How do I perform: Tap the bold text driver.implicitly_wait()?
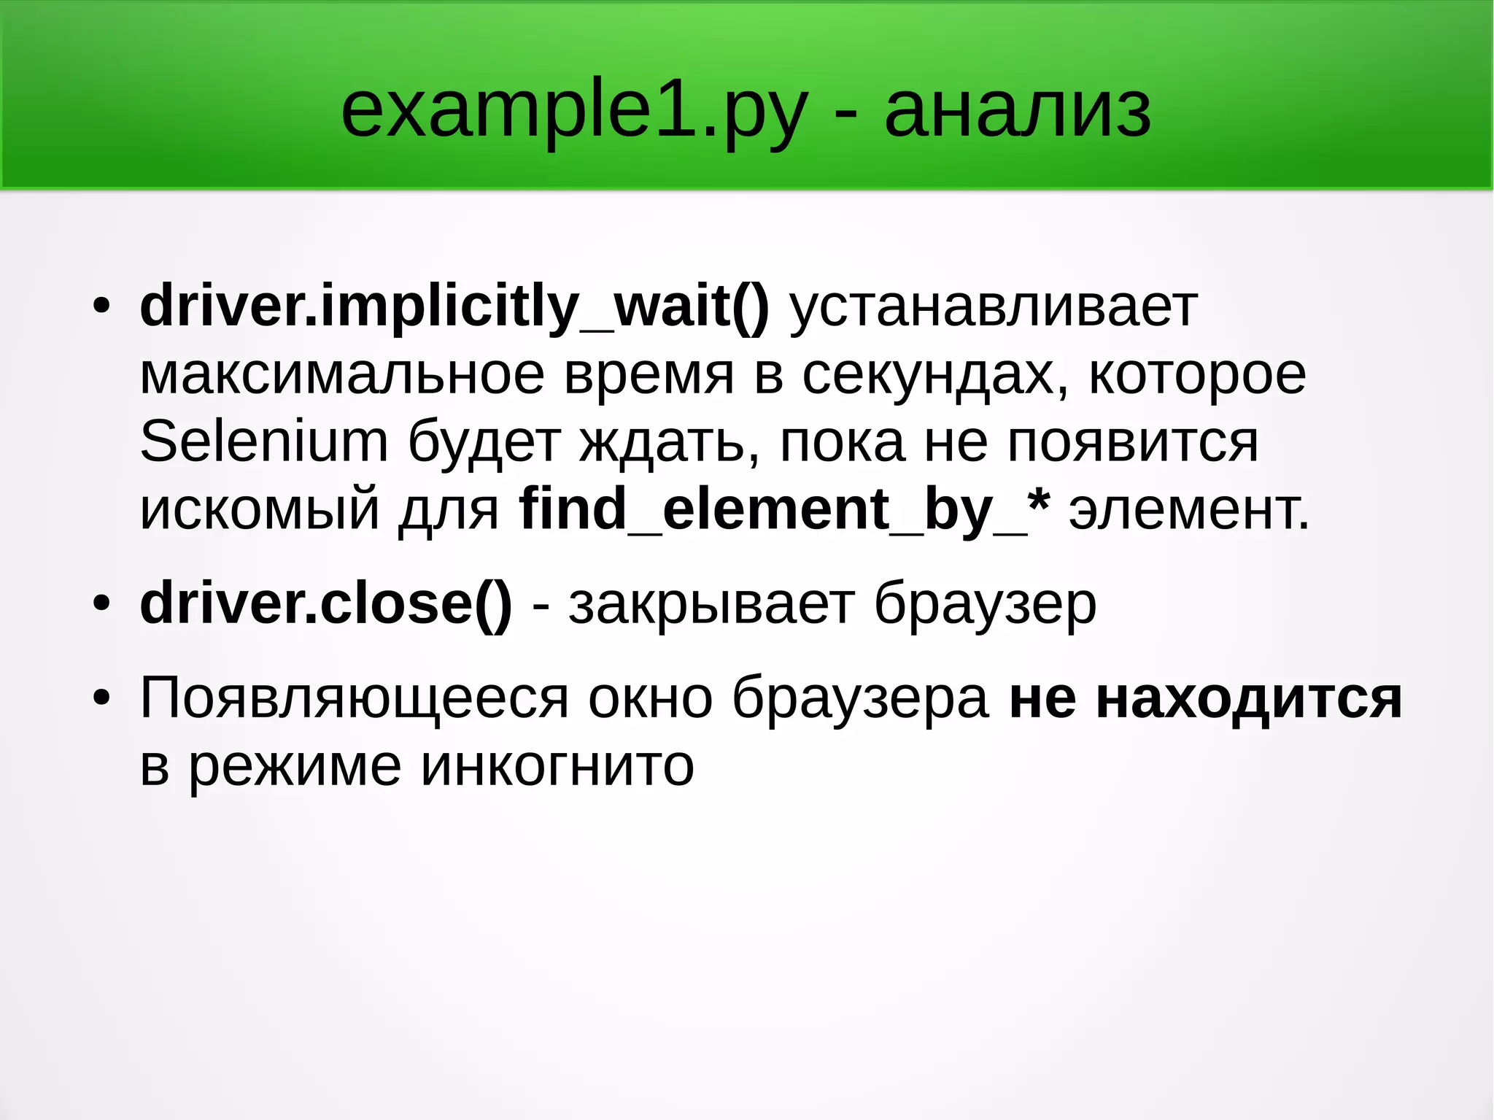coord(454,306)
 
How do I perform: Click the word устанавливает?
coord(994,306)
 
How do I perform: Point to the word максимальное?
coord(342,374)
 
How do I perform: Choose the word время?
coord(649,374)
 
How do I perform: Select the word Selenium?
coord(263,441)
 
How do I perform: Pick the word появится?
coord(1133,441)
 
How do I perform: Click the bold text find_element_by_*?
coord(785,509)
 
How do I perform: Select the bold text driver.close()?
coord(326,604)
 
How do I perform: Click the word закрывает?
coord(712,604)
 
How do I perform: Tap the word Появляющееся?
coord(354,698)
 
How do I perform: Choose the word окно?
coord(650,698)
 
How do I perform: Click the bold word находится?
coord(1249,698)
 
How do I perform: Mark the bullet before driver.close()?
coord(101,604)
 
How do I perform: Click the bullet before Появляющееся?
coord(101,698)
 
